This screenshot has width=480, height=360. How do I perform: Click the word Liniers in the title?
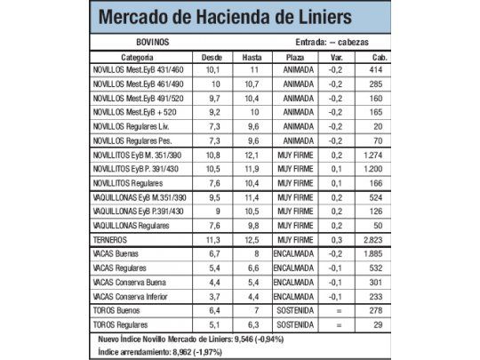pyautogui.click(x=310, y=18)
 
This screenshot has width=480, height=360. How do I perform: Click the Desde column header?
pyautogui.click(x=212, y=56)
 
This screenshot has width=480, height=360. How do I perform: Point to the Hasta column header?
pyautogui.click(x=252, y=56)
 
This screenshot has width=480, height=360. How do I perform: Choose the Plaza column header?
pyautogui.click(x=294, y=56)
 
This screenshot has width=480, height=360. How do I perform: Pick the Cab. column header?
pyautogui.click(x=372, y=56)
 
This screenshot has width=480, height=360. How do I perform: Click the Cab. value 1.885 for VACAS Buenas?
pyautogui.click(x=372, y=253)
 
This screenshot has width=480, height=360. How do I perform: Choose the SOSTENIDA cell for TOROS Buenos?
pyautogui.click(x=294, y=310)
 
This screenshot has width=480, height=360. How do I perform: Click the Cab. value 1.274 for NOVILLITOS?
pyautogui.click(x=372, y=155)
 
